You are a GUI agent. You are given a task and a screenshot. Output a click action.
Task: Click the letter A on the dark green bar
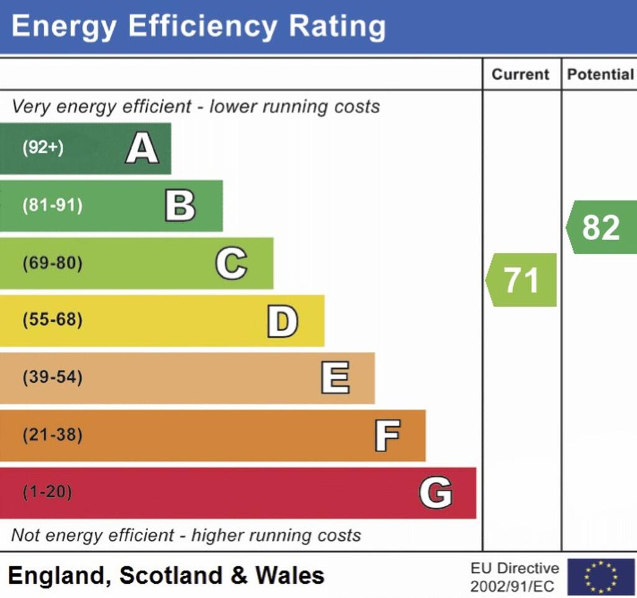point(142,149)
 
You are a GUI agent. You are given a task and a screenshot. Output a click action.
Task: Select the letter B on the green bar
point(180,206)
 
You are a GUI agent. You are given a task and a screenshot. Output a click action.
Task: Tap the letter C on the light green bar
point(231,264)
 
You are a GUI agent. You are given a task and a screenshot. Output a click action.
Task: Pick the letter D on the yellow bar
point(282,321)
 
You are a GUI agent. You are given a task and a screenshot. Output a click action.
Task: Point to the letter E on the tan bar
point(335,378)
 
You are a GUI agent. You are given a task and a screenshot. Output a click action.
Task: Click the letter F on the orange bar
point(387,435)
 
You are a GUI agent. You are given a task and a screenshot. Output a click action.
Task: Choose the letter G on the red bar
point(435,493)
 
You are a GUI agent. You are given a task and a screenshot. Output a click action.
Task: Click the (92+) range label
point(43,149)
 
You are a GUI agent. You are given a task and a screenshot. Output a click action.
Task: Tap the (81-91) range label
point(52,206)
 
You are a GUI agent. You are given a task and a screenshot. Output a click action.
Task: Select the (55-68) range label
point(52,320)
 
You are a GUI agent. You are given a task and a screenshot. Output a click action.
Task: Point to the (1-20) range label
point(47,492)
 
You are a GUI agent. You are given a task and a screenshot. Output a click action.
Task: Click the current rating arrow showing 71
point(521,280)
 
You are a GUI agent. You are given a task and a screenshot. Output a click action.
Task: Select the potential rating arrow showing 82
point(601,228)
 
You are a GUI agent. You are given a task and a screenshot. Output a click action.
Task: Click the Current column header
point(521,75)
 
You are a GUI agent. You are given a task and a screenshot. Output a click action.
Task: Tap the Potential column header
point(600,75)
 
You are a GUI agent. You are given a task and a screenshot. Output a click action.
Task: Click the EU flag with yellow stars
point(600,577)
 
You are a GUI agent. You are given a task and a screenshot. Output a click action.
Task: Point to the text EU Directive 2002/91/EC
point(514,577)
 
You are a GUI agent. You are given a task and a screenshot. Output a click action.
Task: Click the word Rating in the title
point(337,26)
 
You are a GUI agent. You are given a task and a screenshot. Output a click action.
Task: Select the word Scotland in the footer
point(170,575)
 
